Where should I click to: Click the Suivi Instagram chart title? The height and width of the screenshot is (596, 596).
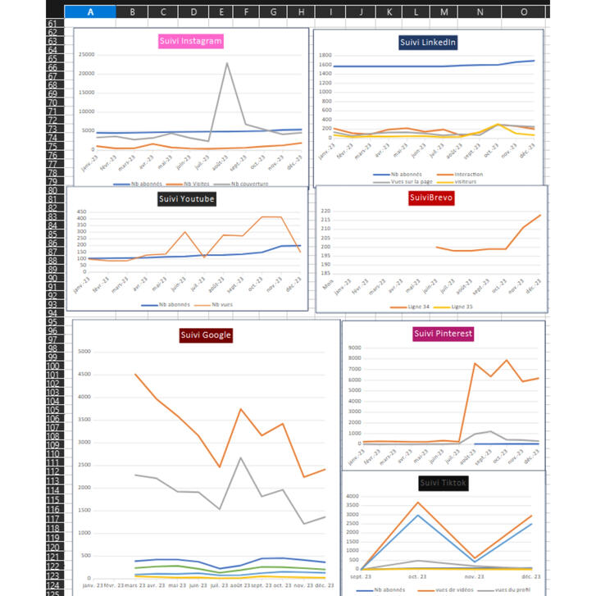(191, 40)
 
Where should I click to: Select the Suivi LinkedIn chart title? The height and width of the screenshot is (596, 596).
(428, 42)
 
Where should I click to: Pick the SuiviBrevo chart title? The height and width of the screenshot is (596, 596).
(431, 198)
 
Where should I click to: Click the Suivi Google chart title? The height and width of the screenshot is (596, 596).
(206, 334)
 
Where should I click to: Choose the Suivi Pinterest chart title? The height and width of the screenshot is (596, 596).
(443, 334)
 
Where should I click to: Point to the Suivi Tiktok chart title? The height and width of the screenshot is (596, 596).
(443, 483)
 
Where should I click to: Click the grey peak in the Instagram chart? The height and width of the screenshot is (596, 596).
(227, 63)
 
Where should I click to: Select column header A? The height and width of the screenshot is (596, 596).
(89, 11)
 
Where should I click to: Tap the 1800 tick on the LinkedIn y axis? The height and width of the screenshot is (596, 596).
(325, 56)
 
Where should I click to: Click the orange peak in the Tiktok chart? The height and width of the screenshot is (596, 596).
(418, 503)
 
